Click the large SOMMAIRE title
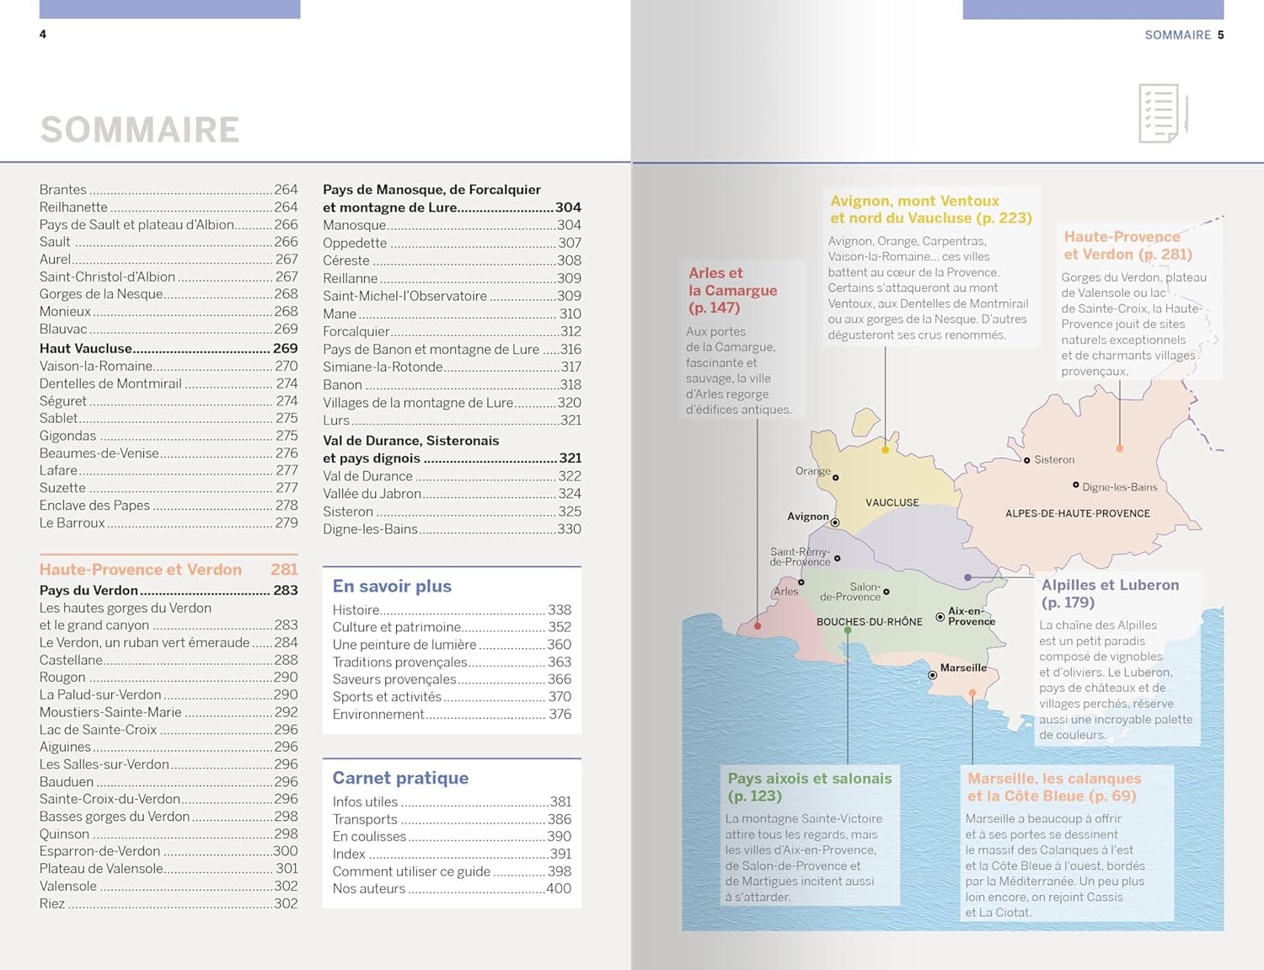point(140,130)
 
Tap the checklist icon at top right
point(1162,113)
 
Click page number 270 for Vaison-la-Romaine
point(287,366)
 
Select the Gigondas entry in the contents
point(68,436)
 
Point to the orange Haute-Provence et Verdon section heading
point(141,570)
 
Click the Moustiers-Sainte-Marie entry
point(110,712)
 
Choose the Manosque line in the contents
point(355,225)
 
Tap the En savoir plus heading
point(392,587)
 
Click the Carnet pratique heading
point(400,778)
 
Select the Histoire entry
point(356,609)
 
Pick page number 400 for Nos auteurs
point(558,888)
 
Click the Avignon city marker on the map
point(835,523)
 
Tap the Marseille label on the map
point(963,667)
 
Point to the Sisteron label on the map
point(1054,459)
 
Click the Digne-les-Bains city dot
point(1076,485)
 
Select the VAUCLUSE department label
point(892,502)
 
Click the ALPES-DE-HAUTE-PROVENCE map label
point(1077,513)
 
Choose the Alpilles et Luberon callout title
point(1110,593)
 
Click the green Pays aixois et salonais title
point(809,787)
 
